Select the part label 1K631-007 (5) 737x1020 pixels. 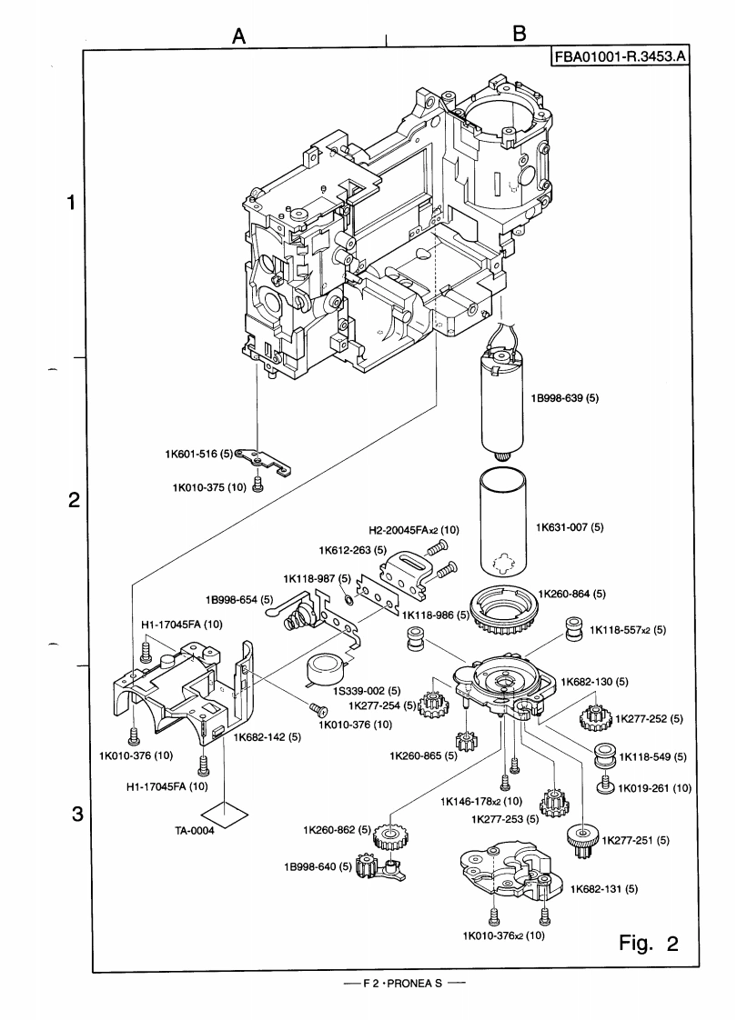coord(570,526)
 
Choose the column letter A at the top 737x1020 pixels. coord(239,35)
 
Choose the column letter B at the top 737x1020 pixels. coord(520,35)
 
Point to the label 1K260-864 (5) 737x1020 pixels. coord(570,594)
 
